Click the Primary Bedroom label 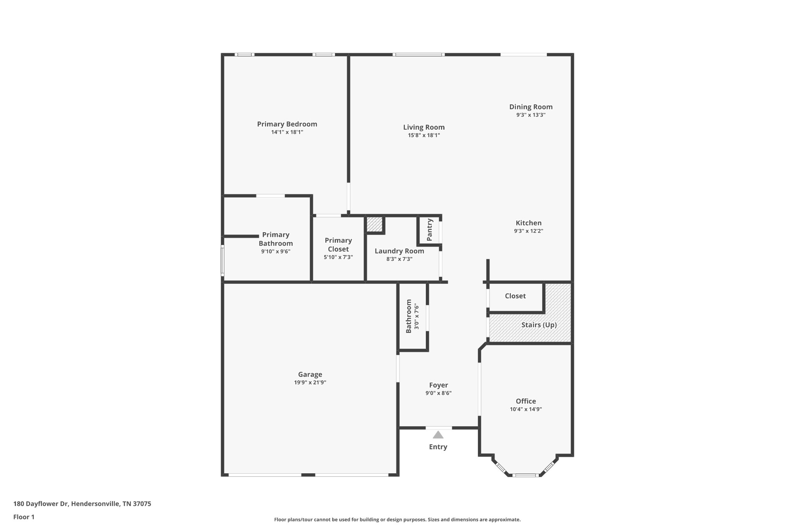click(x=287, y=124)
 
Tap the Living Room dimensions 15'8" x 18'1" click(x=424, y=136)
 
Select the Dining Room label click(x=531, y=107)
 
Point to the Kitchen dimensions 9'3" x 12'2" click(x=528, y=231)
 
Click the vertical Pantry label click(x=430, y=230)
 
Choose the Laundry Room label click(x=399, y=251)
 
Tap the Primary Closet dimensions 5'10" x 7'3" click(x=338, y=257)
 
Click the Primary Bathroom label click(x=276, y=239)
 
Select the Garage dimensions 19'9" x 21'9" click(x=310, y=382)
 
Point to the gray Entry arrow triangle click(x=438, y=435)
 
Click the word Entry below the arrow click(x=438, y=447)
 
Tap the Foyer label click(x=438, y=385)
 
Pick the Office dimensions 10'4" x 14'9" click(x=526, y=409)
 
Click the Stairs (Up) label click(x=539, y=325)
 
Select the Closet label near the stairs click(x=515, y=296)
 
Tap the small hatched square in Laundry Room click(x=375, y=224)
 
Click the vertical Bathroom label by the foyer click(x=408, y=316)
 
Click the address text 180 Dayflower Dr click(x=82, y=504)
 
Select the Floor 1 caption click(x=24, y=517)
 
